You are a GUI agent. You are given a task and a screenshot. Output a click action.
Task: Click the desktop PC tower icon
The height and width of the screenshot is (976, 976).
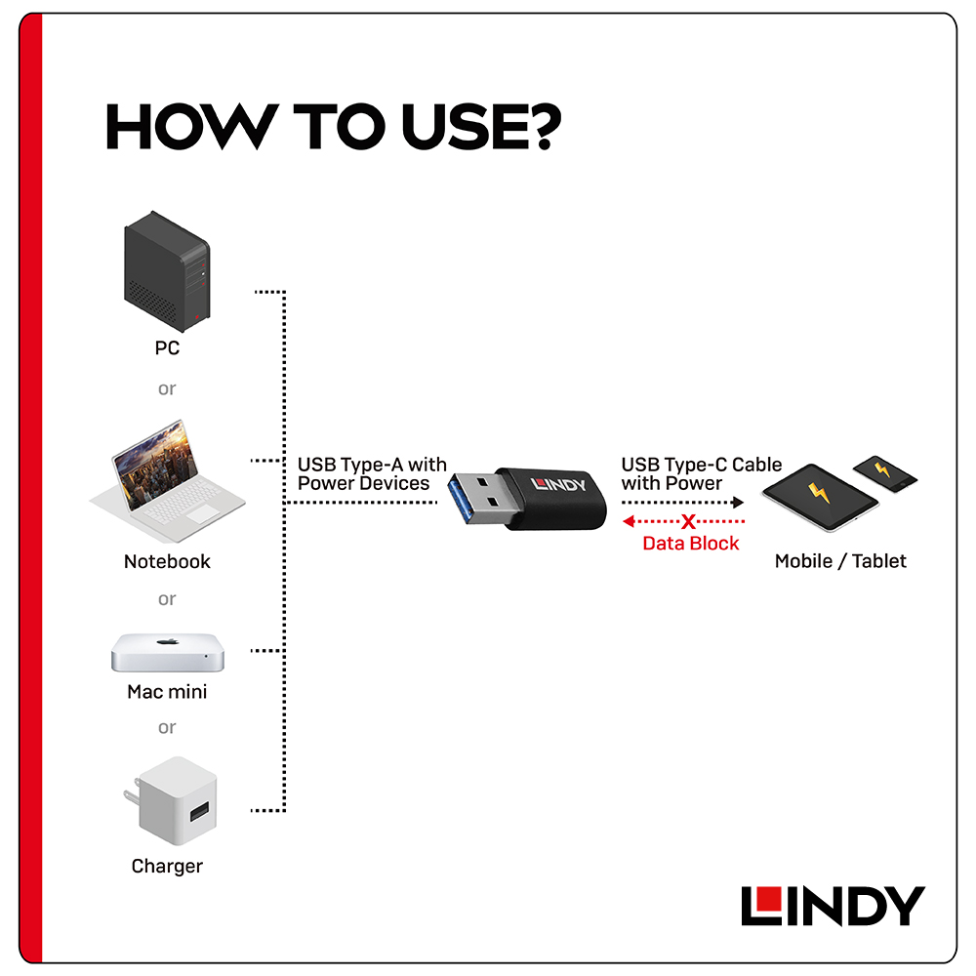[167, 271]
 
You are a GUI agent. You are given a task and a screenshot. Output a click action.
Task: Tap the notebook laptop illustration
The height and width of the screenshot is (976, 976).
[167, 480]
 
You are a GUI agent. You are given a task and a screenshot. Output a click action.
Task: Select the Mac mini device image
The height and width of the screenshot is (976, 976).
[168, 653]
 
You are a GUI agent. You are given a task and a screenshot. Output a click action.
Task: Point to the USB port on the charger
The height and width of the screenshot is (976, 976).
[199, 812]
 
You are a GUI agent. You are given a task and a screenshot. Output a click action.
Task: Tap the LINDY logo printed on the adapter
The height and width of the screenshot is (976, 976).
[557, 484]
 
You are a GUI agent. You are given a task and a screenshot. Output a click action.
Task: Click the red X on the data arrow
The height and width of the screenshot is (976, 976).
[688, 521]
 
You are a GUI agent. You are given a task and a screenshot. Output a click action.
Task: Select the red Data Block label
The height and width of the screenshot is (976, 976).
[690, 544]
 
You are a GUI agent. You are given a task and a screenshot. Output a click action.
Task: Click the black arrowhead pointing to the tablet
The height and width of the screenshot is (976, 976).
[738, 503]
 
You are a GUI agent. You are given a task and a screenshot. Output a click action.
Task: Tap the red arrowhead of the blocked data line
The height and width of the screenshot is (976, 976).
[629, 521]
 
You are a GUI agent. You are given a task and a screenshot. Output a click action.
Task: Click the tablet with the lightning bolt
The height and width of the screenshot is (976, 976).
[820, 497]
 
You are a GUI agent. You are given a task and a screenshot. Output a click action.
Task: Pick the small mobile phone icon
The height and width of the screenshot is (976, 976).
[884, 473]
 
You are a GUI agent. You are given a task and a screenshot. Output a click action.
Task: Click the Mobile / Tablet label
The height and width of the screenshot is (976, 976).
[840, 561]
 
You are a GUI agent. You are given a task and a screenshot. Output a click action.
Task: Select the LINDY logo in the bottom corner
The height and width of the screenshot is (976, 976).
[833, 906]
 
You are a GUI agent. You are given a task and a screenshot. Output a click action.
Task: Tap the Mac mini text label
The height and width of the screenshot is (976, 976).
[167, 692]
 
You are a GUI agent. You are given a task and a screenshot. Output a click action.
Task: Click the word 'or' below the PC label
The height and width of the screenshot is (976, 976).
[167, 389]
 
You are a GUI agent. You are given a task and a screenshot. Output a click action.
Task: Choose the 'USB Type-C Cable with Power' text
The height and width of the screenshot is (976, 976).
[702, 473]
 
